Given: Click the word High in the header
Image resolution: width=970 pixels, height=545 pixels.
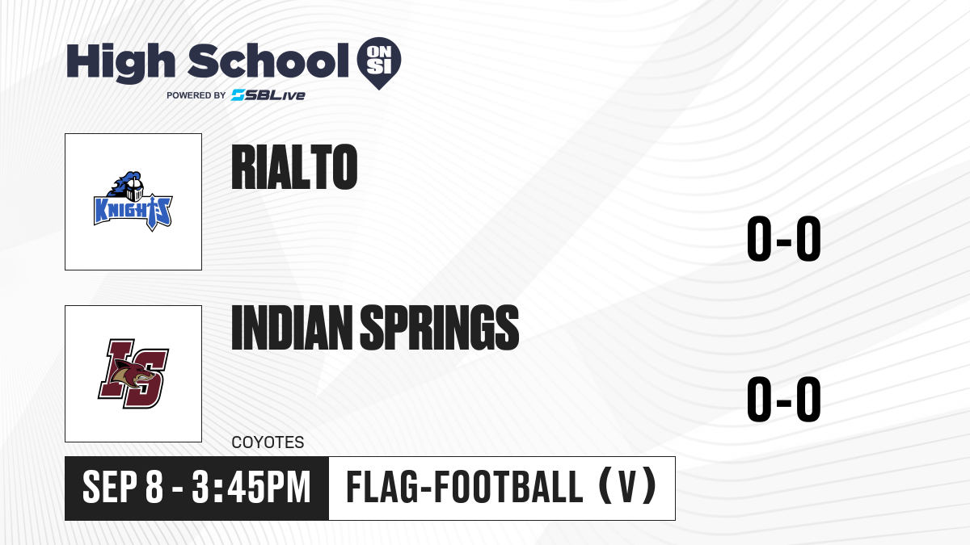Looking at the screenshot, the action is pos(120,63).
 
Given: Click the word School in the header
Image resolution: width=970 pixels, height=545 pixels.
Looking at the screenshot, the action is pos(268,61).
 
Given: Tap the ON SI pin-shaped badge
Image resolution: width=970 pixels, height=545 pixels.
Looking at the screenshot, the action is pos(379,63).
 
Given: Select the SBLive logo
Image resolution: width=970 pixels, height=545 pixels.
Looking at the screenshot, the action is pos(268,95).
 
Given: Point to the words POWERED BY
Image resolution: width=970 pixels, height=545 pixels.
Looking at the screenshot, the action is pos(196,95).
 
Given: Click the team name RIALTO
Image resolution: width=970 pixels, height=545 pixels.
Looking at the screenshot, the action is pos(294,167).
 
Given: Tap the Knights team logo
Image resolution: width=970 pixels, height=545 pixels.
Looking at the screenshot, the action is pos(133,202).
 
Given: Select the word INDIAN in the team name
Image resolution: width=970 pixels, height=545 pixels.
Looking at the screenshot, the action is pos(293,328).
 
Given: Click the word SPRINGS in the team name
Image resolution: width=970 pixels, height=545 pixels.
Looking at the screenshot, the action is pos(440,328).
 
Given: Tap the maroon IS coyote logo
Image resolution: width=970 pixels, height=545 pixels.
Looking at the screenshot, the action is pos(133,374).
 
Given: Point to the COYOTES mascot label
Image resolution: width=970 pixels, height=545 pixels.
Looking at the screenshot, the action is pos(268,442).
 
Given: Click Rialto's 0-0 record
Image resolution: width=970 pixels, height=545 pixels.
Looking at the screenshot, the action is pos(784,239).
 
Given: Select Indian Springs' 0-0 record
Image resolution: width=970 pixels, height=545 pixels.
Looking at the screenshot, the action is pos(784,399).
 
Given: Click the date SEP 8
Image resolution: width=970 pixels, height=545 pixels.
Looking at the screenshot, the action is pos(123,488).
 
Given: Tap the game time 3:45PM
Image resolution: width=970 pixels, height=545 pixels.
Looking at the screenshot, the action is pos(251,488).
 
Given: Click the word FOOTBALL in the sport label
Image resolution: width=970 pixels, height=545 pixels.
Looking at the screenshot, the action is pos(508,487).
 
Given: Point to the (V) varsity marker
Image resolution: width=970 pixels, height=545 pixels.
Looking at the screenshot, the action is pos(628,487).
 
